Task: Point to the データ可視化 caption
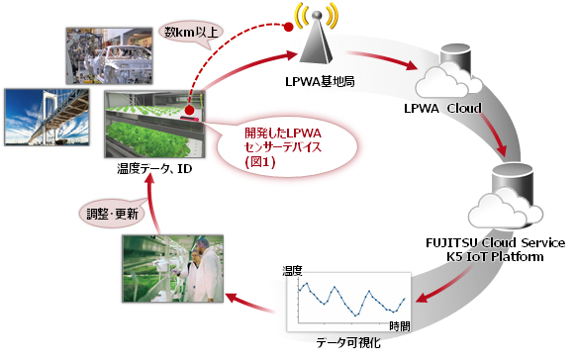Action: [x=345, y=341]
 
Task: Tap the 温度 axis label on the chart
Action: [x=292, y=268]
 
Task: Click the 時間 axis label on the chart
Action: [x=400, y=325]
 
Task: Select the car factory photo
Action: [x=108, y=57]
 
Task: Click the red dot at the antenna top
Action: [x=290, y=27]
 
